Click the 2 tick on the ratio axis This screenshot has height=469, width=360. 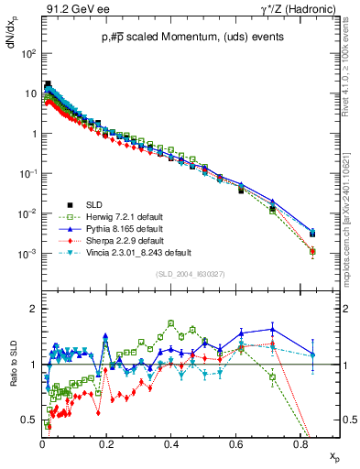click(33, 309)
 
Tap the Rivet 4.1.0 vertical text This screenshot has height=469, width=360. click(353, 64)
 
